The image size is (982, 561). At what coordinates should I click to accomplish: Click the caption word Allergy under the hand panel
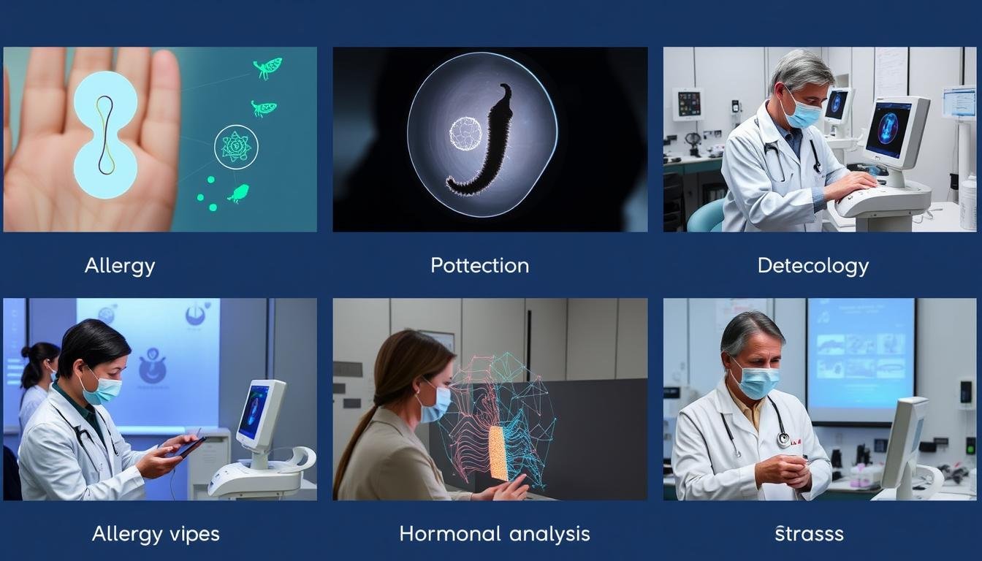pos(120,266)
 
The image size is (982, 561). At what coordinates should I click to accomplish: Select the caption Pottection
pos(479,266)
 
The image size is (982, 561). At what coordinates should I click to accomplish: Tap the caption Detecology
pos(812,266)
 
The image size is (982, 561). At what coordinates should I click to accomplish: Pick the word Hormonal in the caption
pos(450,534)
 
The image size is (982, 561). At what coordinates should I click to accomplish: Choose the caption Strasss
pos(810,534)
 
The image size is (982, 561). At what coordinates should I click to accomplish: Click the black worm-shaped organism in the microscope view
pos(482,140)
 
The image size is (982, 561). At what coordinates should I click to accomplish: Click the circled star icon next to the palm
pos(236,147)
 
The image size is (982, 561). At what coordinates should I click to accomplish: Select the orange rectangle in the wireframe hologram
pos(498,453)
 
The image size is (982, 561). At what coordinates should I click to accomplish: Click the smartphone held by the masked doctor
pos(192,446)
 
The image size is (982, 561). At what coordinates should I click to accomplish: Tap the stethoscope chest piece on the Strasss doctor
pos(783,440)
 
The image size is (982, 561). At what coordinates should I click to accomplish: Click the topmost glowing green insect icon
pos(267,68)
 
